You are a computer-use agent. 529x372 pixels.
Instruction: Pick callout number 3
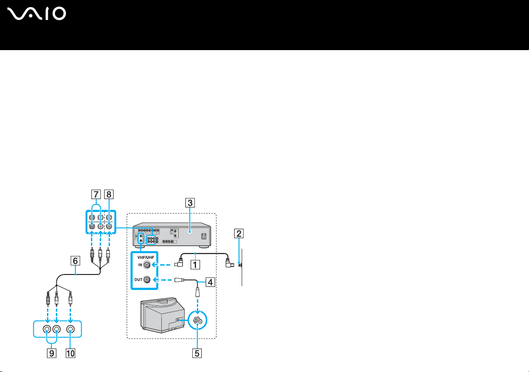click(x=189, y=204)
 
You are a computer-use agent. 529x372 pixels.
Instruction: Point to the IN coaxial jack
click(x=147, y=265)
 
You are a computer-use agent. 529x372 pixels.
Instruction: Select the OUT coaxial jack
click(x=147, y=280)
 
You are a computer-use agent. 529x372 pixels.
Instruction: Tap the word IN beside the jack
click(x=139, y=265)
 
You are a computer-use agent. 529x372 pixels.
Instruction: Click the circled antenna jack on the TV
click(x=196, y=319)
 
